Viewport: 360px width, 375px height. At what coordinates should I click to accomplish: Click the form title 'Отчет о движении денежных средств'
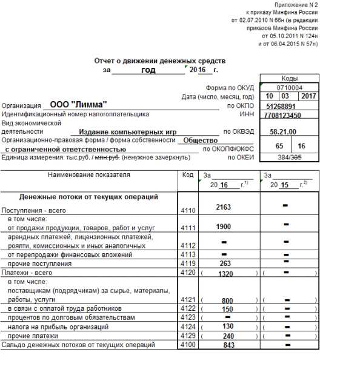coord(160,61)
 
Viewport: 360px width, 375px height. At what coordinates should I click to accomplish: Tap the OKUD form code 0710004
coord(289,87)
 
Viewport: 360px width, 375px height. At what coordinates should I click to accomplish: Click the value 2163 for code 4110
coord(224,207)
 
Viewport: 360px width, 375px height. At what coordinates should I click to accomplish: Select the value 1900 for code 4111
coord(224,227)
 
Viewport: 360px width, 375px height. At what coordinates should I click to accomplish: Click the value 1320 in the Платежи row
coord(225,273)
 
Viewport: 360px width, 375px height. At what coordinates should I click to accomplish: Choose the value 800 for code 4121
coord(227,300)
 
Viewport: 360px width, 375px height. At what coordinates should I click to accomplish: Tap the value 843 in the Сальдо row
coord(228,345)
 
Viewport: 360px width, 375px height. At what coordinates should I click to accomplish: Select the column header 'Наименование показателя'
coord(88,174)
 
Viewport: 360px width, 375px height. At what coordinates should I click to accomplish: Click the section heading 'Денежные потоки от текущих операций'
coord(88,197)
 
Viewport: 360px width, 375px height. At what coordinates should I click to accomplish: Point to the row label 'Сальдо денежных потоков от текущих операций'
coord(78,345)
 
